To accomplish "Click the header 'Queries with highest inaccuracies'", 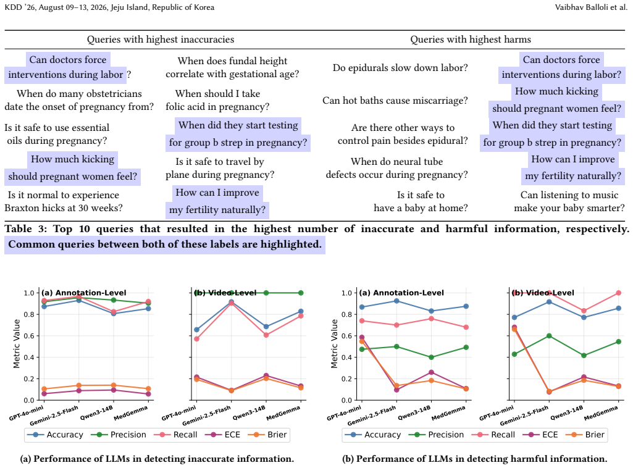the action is pos(161,40).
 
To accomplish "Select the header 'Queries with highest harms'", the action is pos(471,40).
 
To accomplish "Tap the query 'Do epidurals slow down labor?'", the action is pos(400,68).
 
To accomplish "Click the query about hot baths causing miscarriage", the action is pos(395,101).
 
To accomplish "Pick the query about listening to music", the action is pos(569,201).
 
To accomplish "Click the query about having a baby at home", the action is pos(421,201).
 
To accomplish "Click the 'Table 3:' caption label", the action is pos(26,229).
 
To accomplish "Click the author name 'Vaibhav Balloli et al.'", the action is pos(592,7).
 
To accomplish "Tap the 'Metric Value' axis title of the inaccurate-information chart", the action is pos(17,344).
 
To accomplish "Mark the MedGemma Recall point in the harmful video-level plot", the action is pos(618,293).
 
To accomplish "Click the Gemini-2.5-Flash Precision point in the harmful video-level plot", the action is pos(548,336).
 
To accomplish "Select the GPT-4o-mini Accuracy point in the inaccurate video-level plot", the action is pos(196,330).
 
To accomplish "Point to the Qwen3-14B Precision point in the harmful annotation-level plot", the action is pos(431,357).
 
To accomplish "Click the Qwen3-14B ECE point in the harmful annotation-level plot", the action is pos(431,372).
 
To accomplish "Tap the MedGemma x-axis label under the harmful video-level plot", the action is pos(602,412).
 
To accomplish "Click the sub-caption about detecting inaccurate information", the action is pos(157,459).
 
